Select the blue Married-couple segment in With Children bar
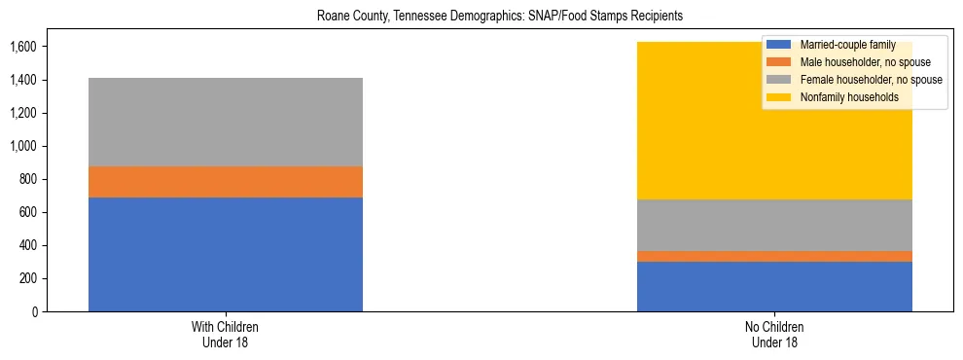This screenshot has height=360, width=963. (x=226, y=254)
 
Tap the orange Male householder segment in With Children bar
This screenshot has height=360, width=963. (x=226, y=182)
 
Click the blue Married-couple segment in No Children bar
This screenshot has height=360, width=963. (x=774, y=286)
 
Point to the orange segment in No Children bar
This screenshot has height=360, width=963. (x=774, y=256)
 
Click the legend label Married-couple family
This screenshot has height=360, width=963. (x=846, y=45)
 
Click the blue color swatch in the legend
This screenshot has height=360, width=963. (x=779, y=45)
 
